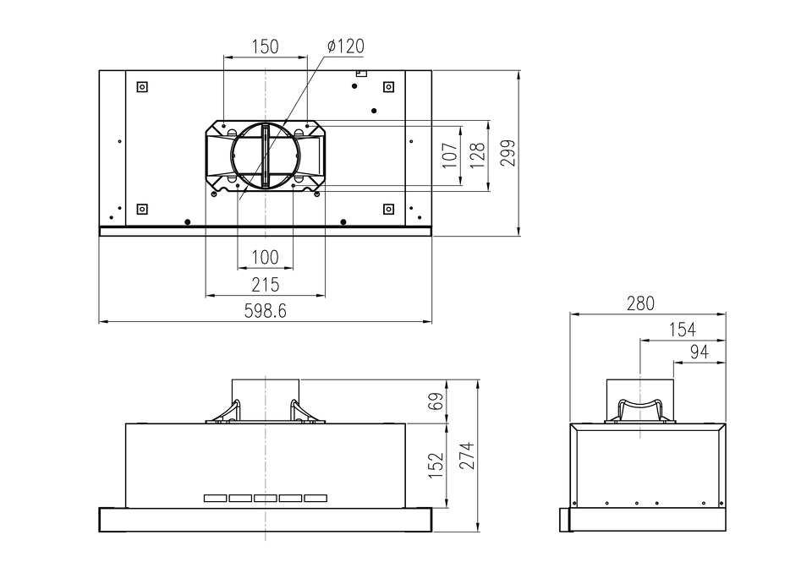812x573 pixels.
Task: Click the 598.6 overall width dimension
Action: pos(265,311)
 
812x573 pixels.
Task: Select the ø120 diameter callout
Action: pos(345,46)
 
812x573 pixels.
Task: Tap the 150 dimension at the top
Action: pos(265,46)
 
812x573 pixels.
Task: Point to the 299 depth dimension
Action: pos(508,153)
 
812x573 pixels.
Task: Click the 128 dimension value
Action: pos(477,155)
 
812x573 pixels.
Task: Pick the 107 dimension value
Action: pos(450,155)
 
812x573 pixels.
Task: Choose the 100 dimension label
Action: pos(265,257)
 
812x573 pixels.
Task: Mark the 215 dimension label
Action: pos(265,285)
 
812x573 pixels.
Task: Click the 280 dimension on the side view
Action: pos(640,303)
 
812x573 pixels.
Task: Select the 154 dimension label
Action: pos(683,330)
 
